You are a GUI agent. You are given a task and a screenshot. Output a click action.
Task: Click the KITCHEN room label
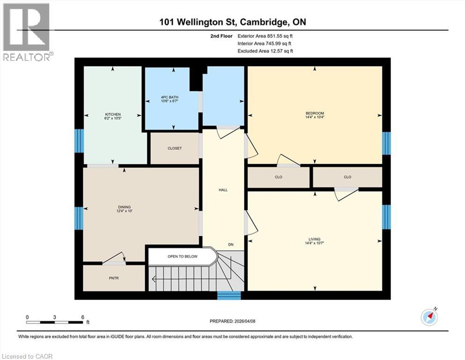tap(113, 114)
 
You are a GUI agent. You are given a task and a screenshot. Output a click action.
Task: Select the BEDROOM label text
tap(315, 113)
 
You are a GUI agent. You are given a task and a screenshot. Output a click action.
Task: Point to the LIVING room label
tap(315, 239)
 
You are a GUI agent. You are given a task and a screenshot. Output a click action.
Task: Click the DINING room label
tap(124, 207)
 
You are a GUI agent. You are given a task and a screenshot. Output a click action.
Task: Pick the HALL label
tap(223, 190)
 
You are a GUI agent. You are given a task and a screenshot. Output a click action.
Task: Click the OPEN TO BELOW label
tap(183, 256)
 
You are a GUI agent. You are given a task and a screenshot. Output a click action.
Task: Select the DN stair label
tap(231, 245)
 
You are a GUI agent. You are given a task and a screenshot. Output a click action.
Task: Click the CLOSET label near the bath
tap(174, 148)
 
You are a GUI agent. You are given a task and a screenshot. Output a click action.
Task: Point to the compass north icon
tap(429, 317)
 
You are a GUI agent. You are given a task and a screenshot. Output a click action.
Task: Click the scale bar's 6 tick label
tap(82, 317)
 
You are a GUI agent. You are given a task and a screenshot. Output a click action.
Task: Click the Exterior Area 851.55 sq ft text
tap(266, 36)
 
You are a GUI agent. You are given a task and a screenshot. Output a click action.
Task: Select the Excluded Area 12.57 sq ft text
tap(266, 51)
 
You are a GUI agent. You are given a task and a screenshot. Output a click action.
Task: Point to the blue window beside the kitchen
tap(79, 141)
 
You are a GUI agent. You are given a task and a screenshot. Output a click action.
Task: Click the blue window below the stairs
tap(229, 295)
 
